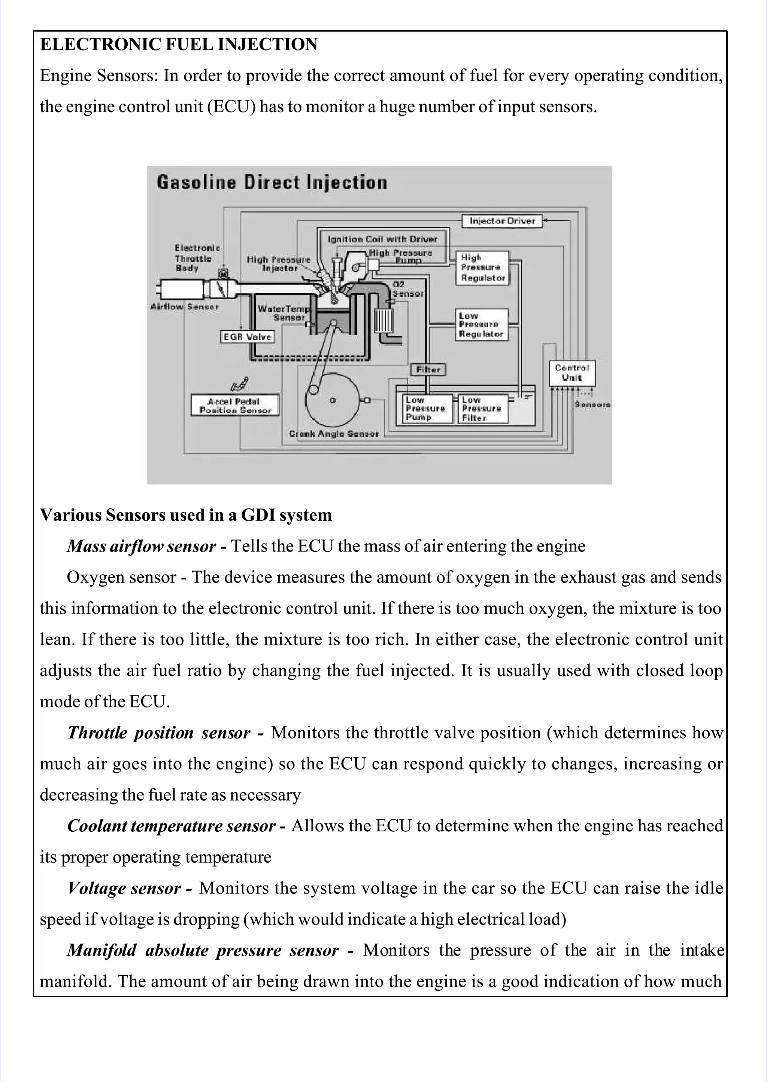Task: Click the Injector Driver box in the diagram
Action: [x=502, y=221]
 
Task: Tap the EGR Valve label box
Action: [x=248, y=337]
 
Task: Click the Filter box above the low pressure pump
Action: [x=428, y=370]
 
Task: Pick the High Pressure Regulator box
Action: [x=483, y=268]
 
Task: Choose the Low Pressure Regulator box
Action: [x=482, y=325]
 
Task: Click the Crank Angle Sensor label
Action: [x=334, y=434]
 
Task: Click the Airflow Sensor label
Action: [x=184, y=307]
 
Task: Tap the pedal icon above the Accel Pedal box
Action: [x=239, y=384]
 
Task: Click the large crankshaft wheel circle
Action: [x=333, y=400]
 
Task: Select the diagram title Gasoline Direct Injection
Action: [x=272, y=183]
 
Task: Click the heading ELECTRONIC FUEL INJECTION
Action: [x=179, y=45]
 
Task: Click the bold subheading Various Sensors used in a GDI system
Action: [x=186, y=515]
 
